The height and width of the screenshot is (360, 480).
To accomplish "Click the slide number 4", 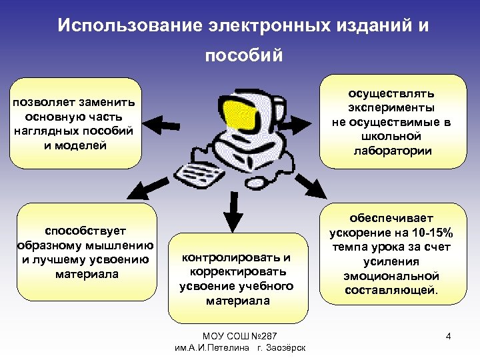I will coord(449,336).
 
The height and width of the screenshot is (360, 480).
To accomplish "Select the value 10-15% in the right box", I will coord(429,233).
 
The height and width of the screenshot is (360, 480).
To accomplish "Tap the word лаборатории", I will coord(393,151).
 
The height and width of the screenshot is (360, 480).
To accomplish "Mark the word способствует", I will coord(87,230).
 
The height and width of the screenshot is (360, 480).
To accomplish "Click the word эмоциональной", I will coord(392,276).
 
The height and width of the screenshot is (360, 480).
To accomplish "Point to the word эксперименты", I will coord(392,107).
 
